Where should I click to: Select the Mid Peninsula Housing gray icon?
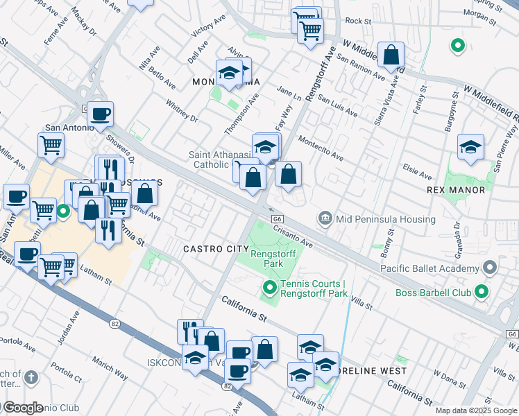324,219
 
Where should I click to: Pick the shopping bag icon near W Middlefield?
391,55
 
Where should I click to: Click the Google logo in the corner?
22,408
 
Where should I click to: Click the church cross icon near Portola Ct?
30,378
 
